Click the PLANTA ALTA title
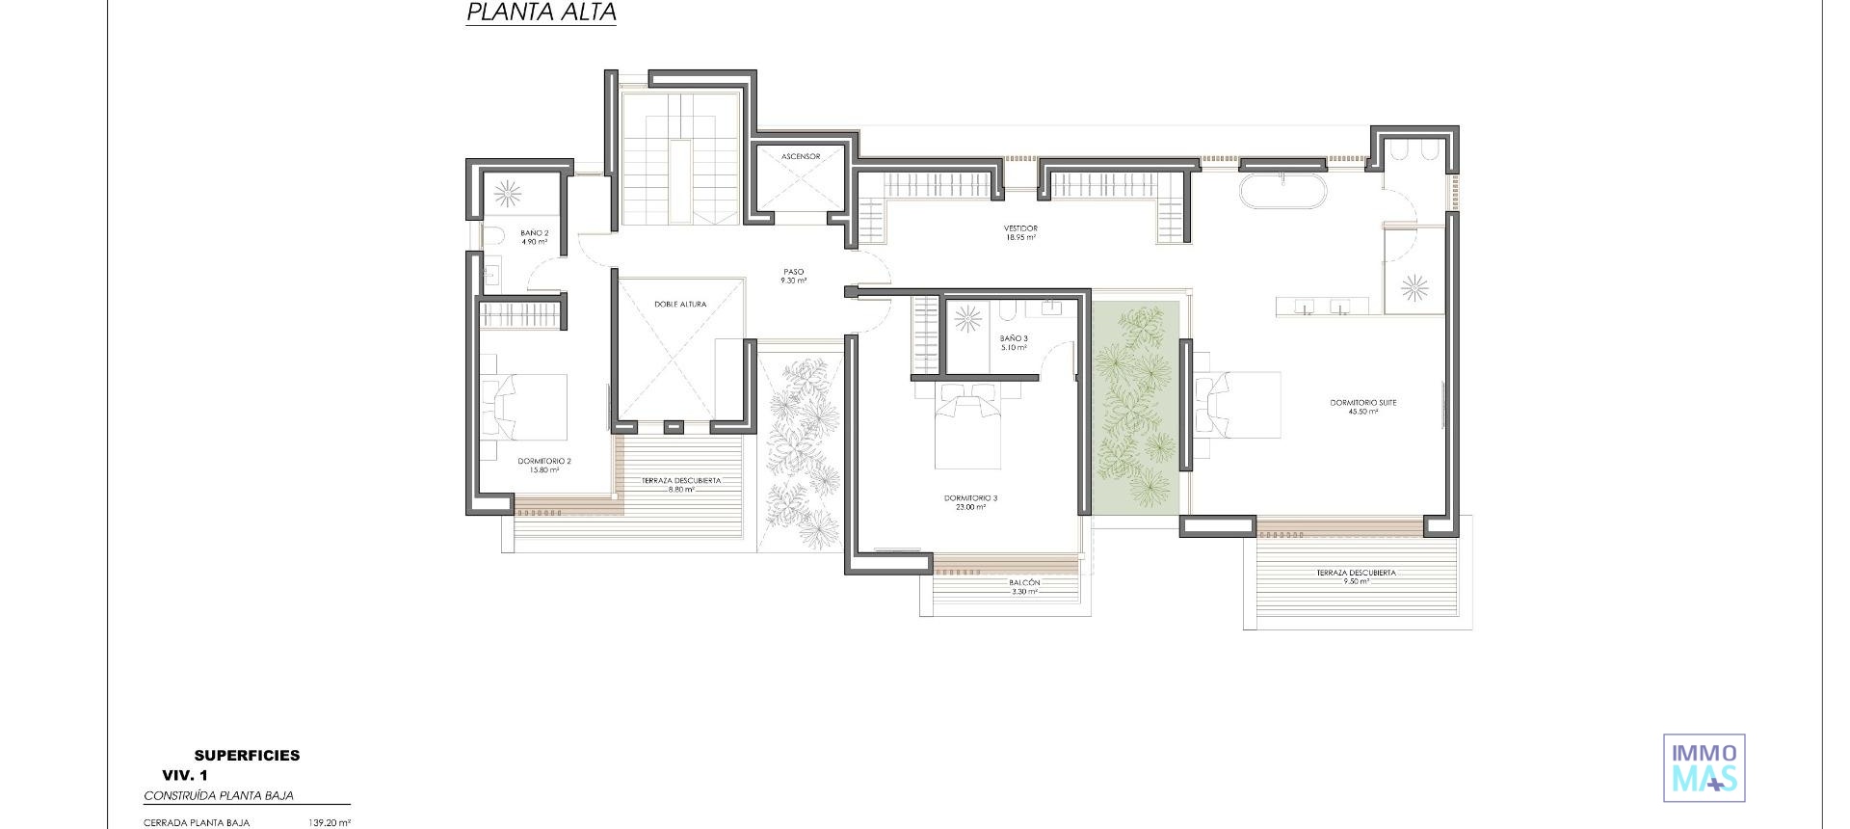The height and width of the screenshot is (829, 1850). (x=541, y=13)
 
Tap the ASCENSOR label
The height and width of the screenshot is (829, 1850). (x=801, y=156)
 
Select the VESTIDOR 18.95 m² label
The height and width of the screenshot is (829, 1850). (x=1020, y=232)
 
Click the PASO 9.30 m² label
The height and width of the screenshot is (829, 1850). (x=794, y=276)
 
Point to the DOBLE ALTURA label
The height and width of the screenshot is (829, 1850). (x=680, y=305)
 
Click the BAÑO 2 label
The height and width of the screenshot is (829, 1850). (x=534, y=237)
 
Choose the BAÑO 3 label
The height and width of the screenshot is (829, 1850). (x=1014, y=342)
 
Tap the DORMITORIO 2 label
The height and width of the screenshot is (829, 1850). (x=543, y=466)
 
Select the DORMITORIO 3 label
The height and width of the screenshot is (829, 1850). (x=970, y=502)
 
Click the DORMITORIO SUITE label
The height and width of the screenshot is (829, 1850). (x=1362, y=407)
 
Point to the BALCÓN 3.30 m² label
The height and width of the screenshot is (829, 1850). (x=1024, y=587)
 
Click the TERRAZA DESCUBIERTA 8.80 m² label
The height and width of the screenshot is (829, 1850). (x=681, y=485)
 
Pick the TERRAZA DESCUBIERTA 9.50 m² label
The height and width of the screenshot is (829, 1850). (x=1356, y=576)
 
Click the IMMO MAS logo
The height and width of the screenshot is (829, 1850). (x=1704, y=767)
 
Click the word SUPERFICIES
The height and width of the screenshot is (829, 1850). (x=247, y=756)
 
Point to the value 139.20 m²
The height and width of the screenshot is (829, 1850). (x=330, y=823)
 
